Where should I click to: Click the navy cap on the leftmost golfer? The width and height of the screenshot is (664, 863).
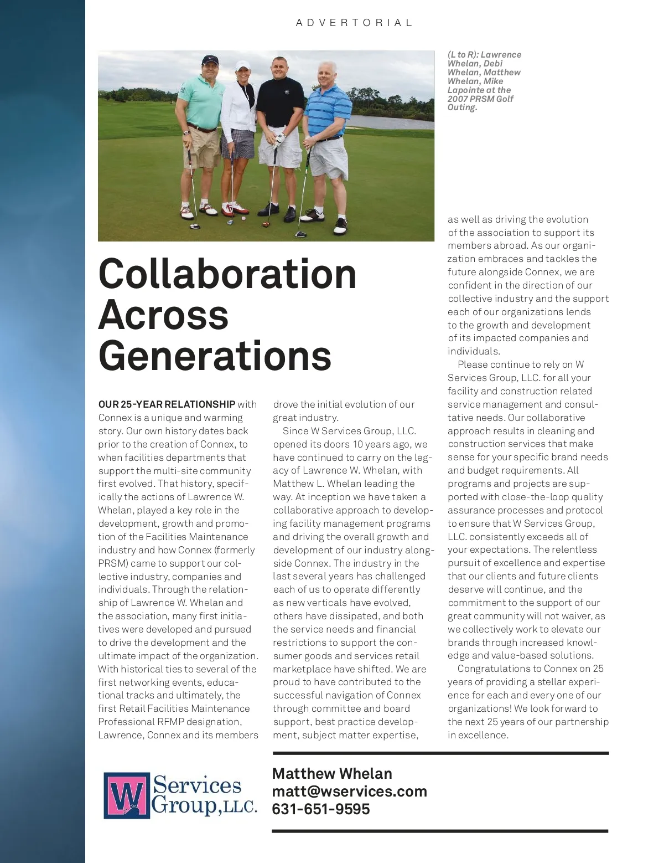210,60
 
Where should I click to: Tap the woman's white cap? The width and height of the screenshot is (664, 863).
243,65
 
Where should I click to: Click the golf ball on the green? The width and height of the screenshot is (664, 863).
243,218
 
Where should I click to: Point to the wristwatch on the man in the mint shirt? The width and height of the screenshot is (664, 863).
187,132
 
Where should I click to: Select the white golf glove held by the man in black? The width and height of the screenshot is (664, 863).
279,138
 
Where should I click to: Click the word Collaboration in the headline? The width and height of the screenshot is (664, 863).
227,274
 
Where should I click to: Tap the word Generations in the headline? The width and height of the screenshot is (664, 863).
215,356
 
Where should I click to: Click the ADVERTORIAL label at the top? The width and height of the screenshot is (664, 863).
354,23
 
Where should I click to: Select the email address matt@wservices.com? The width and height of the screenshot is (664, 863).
349,791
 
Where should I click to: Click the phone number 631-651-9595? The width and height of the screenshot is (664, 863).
320,809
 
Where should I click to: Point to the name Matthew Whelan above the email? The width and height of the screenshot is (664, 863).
332,773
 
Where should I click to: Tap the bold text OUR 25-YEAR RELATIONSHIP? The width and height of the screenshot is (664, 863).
167,404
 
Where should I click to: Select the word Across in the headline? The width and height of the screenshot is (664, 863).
163,315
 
